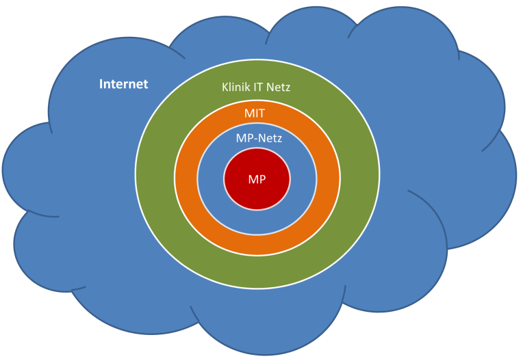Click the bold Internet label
tap(124, 84)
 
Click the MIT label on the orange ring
tap(255, 113)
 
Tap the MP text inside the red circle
tap(257, 179)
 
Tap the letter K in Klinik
tap(225, 88)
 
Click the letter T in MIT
tap(261, 113)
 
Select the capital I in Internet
tap(101, 84)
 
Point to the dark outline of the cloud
tap(3, 168)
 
